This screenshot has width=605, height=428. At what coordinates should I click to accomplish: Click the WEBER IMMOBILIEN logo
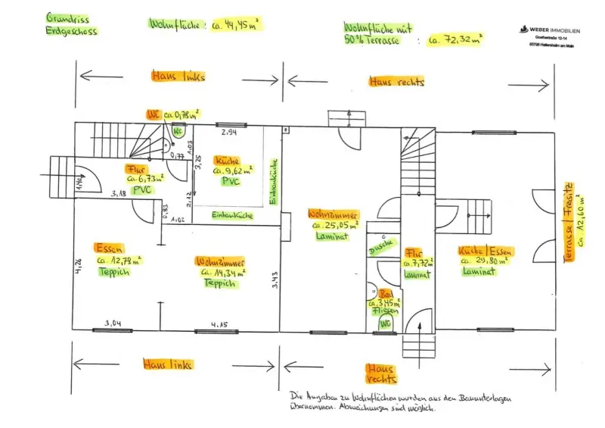click(x=550, y=30)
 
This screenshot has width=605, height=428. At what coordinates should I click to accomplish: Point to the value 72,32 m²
click(x=455, y=38)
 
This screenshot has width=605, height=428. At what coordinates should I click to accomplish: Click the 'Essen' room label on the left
click(x=109, y=248)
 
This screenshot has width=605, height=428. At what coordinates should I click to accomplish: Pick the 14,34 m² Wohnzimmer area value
click(x=217, y=271)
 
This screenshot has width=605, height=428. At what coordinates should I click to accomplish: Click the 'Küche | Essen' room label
click(x=485, y=251)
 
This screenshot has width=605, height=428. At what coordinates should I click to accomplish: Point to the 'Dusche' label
click(x=379, y=247)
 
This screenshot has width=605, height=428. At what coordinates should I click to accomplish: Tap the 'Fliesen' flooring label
click(x=385, y=312)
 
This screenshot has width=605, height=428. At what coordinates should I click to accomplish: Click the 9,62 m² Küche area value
click(x=234, y=171)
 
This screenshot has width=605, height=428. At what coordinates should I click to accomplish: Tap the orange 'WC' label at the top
click(x=154, y=114)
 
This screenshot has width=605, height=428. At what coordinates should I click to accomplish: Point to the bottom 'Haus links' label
click(x=167, y=364)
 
